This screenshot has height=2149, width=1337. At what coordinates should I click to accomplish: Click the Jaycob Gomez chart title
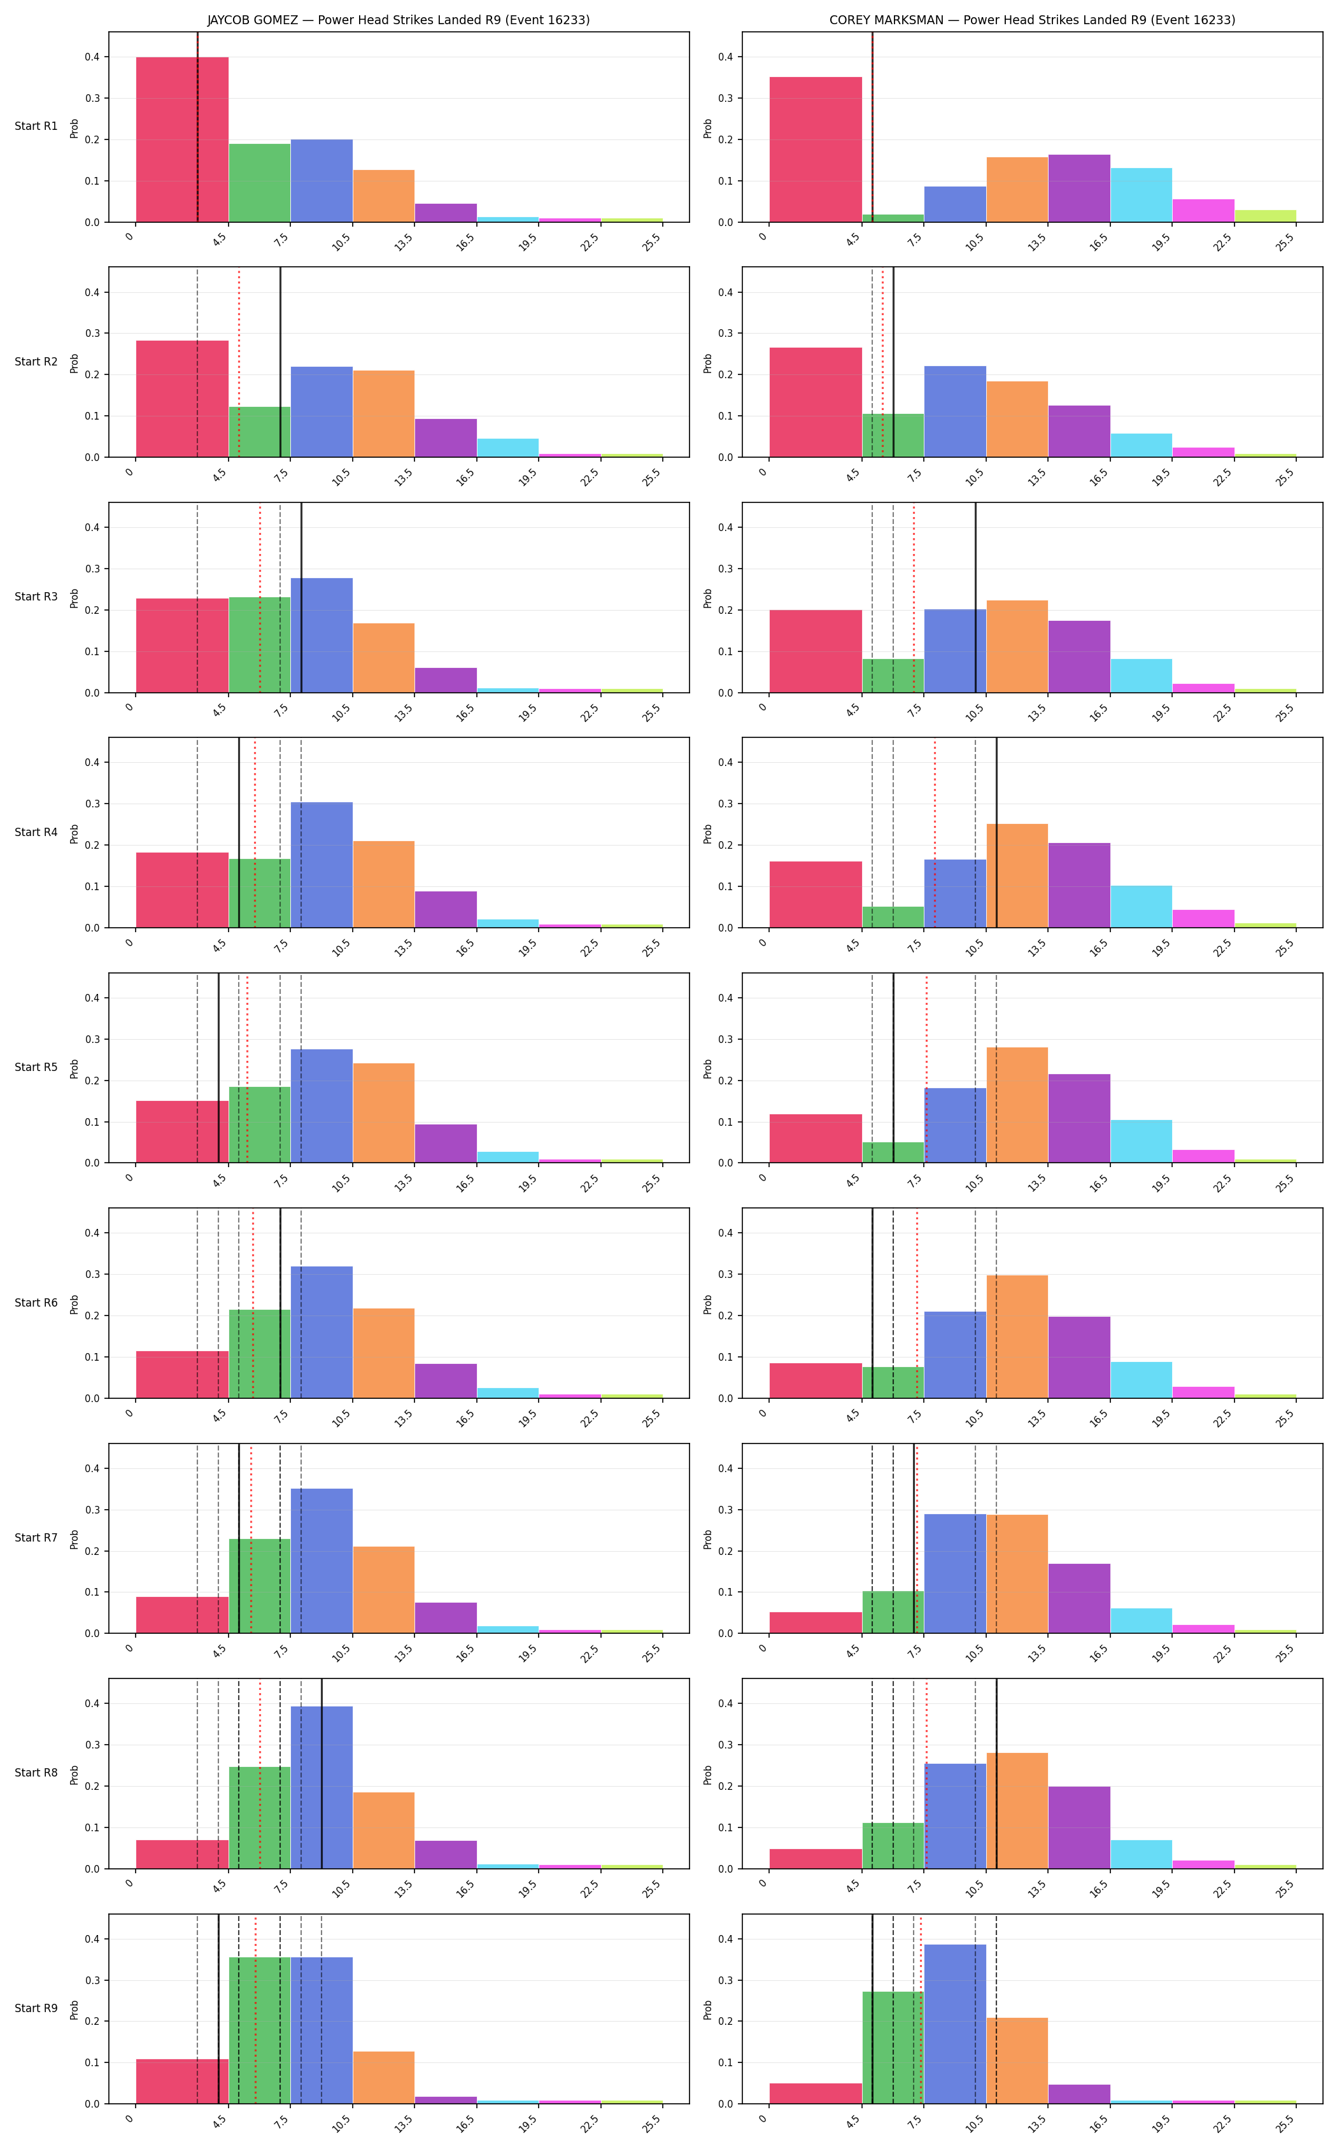click(x=398, y=20)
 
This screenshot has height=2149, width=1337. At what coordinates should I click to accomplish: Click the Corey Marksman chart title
click(x=1032, y=20)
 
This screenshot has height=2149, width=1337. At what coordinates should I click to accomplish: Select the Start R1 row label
click(x=36, y=127)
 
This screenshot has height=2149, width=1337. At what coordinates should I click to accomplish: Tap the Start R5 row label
click(x=36, y=1067)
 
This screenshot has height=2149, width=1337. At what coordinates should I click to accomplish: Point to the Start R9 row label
click(x=36, y=2008)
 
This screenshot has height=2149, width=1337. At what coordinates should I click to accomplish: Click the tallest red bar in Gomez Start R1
click(x=182, y=139)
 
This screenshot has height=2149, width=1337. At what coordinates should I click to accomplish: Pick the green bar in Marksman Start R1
click(x=893, y=218)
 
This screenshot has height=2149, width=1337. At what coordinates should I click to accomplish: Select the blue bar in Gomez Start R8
click(x=322, y=1787)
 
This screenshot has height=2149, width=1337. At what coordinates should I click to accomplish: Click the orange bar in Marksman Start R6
click(x=1017, y=1337)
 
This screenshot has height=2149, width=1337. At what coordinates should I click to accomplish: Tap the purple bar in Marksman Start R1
click(x=1079, y=188)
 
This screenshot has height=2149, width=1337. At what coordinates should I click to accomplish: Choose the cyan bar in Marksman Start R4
click(x=1142, y=907)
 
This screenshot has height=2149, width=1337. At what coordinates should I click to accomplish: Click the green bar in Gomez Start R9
click(x=260, y=2031)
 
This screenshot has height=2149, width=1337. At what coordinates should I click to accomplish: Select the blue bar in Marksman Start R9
click(x=955, y=2024)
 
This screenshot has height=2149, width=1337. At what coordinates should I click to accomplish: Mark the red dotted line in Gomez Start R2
click(x=239, y=362)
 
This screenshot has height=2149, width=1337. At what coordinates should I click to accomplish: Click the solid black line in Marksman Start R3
click(x=975, y=598)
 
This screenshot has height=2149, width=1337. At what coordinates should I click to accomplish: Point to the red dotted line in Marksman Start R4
click(x=935, y=833)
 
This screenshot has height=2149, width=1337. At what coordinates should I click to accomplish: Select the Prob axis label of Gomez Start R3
click(x=74, y=598)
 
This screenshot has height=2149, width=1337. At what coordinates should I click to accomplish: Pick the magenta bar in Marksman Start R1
click(x=1203, y=211)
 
